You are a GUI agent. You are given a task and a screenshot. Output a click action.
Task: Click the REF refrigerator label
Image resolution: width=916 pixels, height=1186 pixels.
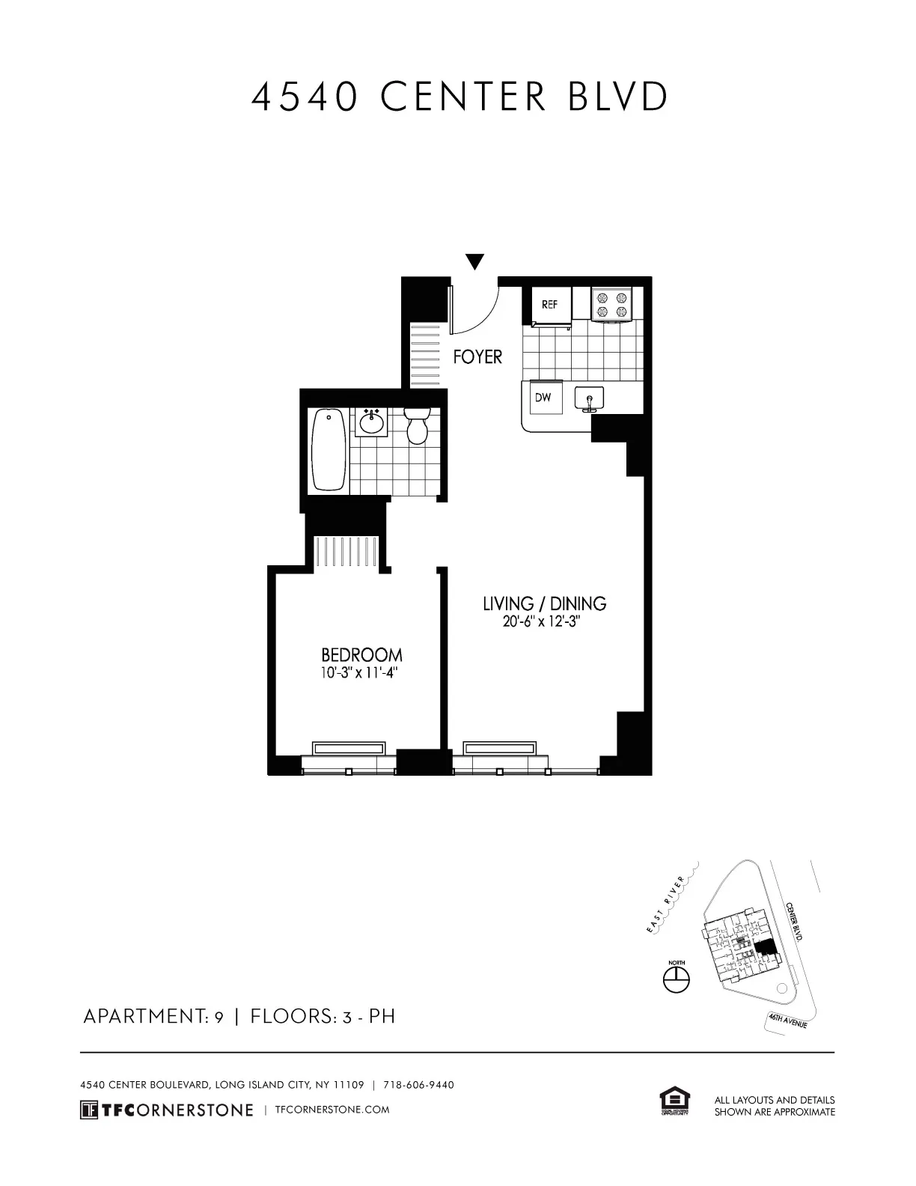pyautogui.click(x=550, y=305)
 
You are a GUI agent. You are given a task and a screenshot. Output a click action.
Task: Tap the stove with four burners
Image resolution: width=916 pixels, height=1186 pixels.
pyautogui.click(x=611, y=305)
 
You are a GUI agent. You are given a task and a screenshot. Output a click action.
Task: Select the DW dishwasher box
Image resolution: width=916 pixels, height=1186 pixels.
pyautogui.click(x=543, y=398)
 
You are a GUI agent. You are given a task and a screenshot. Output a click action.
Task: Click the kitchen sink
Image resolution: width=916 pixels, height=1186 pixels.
pyautogui.click(x=590, y=399)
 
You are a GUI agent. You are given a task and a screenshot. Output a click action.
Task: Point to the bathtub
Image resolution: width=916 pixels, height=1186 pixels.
pyautogui.click(x=329, y=449)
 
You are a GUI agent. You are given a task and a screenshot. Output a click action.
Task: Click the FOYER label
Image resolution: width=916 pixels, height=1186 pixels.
pyautogui.click(x=477, y=357)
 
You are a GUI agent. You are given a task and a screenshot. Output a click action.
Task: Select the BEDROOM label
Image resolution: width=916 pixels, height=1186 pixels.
pyautogui.click(x=361, y=655)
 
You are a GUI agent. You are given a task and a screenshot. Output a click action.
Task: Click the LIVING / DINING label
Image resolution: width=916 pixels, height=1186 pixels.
pyautogui.click(x=544, y=603)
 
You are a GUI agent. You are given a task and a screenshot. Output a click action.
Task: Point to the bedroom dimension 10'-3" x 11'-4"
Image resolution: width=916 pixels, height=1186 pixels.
pyautogui.click(x=358, y=673)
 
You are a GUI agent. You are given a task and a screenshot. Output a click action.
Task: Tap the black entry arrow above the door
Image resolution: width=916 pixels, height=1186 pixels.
pyautogui.click(x=474, y=261)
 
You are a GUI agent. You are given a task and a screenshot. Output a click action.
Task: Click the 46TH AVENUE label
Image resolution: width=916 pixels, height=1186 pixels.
pyautogui.click(x=787, y=1021)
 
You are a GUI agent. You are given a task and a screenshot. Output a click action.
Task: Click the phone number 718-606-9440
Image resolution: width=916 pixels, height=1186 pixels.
pyautogui.click(x=418, y=1085)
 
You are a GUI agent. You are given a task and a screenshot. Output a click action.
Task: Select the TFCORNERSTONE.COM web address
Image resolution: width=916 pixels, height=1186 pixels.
pyautogui.click(x=332, y=1110)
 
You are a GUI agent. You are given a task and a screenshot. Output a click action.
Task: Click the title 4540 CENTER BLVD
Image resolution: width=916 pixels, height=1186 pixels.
pyautogui.click(x=459, y=97)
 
